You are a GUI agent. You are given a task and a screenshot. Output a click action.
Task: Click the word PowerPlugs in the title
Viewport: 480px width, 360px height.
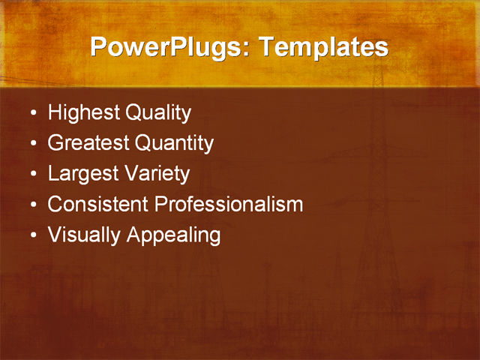tap(169, 47)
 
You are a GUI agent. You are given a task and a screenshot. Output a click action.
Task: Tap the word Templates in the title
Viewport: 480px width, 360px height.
tap(323, 47)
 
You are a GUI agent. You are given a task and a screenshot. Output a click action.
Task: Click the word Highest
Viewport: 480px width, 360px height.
tap(83, 113)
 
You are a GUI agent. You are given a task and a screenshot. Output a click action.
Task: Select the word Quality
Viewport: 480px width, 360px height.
tap(158, 113)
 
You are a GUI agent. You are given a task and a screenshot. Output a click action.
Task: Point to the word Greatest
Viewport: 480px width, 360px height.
tap(88, 143)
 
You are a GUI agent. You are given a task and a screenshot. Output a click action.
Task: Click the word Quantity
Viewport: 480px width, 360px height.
tap(174, 143)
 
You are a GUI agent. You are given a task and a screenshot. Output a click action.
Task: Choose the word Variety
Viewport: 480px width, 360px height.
tap(158, 174)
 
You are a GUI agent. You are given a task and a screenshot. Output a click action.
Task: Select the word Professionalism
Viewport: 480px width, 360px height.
tap(229, 204)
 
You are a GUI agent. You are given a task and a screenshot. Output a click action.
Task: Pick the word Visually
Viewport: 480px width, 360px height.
tap(84, 235)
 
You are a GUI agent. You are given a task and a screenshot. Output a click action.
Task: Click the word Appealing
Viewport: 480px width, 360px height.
tap(173, 235)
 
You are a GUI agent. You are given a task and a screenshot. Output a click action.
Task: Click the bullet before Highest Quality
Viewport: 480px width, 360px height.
tap(32, 115)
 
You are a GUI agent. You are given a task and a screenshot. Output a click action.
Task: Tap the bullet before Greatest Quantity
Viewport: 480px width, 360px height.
tap(32, 145)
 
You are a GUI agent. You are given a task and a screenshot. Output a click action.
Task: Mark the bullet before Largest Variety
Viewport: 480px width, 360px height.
tap(32, 175)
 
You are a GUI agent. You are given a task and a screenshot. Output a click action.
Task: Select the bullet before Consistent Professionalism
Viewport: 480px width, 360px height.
tap(32, 205)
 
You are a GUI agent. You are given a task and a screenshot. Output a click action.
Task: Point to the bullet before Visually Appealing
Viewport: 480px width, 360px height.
tap(32, 236)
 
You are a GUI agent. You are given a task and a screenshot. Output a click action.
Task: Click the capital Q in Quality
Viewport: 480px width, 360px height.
tap(133, 113)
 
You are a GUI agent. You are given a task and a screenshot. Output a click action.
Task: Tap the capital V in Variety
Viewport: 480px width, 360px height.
tap(132, 174)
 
